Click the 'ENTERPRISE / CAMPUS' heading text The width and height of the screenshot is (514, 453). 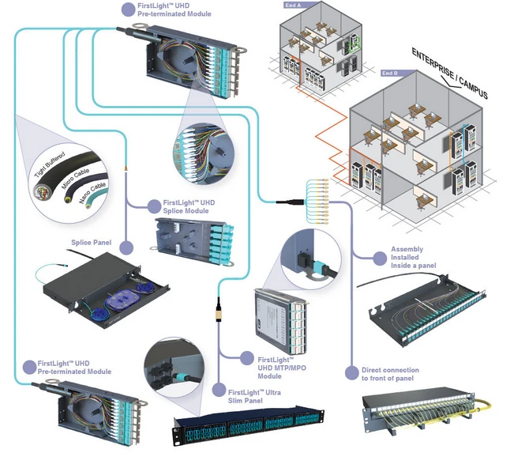pyautogui.click(x=450, y=74)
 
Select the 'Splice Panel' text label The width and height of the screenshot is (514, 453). pyautogui.click(x=91, y=243)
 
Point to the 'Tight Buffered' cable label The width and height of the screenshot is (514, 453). pyautogui.click(x=50, y=164)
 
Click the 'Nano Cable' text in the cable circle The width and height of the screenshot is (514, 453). pyautogui.click(x=92, y=193)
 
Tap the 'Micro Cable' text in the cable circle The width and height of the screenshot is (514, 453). pyautogui.click(x=75, y=179)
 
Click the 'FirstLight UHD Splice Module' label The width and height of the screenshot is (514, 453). pyautogui.click(x=189, y=207)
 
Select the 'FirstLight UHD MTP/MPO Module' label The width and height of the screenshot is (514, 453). pyautogui.click(x=282, y=368)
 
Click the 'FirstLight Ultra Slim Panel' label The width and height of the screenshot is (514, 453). pyautogui.click(x=254, y=397)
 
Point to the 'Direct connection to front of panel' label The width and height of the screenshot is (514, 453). pyautogui.click(x=390, y=374)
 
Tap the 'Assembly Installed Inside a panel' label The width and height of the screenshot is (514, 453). pyautogui.click(x=413, y=258)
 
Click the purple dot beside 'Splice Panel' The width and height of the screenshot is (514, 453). pyautogui.click(x=126, y=247)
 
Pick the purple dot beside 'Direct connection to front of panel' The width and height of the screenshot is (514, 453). pyautogui.click(x=352, y=373)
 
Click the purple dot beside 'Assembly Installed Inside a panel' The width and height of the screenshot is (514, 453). pyautogui.click(x=380, y=259)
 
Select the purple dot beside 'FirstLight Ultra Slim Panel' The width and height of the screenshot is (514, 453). pyautogui.click(x=219, y=390)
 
